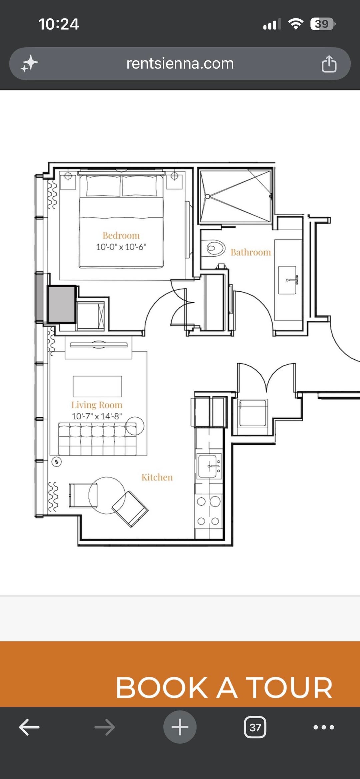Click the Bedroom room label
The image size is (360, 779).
coord(121,236)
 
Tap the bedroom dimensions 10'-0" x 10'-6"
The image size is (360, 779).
coord(121,247)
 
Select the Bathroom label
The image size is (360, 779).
coord(251,252)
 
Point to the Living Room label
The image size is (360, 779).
coord(97,405)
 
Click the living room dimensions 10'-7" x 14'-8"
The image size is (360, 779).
coord(97,416)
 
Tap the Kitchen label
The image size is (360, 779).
coord(157,477)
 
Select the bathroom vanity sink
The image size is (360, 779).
coord(287,280)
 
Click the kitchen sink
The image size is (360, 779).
coord(209,466)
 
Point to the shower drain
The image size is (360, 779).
coord(207,196)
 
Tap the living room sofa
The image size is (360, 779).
coord(97,439)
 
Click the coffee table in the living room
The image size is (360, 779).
coord(97,386)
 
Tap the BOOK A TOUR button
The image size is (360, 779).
coord(180,674)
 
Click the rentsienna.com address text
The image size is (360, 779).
coord(180,63)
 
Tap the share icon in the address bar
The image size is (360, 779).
coord(329,64)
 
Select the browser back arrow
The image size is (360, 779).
coord(29,727)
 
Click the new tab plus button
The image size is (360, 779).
coord(180,727)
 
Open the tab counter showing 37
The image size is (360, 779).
coord(255,727)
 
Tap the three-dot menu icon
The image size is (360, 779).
coord(324,727)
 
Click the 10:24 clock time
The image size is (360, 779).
coord(59,24)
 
